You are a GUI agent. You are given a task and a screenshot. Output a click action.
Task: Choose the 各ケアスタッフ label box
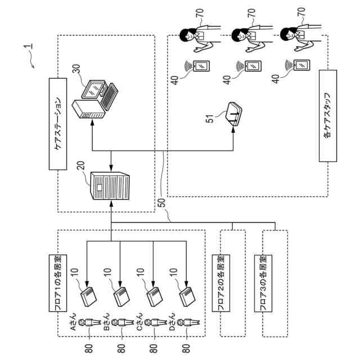(327, 115)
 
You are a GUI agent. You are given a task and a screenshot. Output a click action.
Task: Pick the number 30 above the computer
(76, 70)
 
